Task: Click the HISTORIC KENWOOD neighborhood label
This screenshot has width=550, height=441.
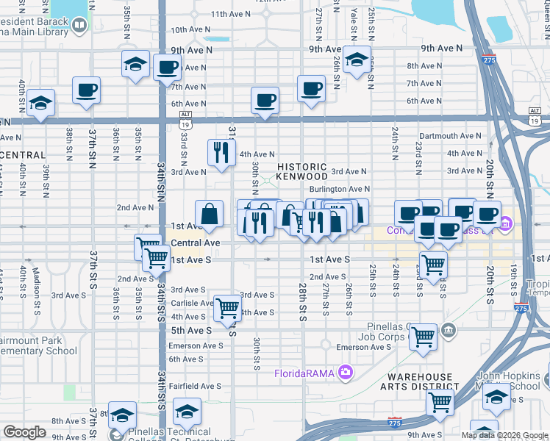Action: (302, 172)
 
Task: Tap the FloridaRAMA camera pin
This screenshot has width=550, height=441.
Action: (343, 373)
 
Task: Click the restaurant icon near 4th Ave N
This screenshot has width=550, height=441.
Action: (221, 152)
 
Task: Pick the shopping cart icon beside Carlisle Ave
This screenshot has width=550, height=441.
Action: (227, 307)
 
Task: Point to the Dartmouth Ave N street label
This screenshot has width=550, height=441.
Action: (451, 136)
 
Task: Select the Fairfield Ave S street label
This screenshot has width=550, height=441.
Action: (194, 386)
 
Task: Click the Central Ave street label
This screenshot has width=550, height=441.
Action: (196, 243)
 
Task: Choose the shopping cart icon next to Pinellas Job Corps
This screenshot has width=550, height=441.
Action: (423, 337)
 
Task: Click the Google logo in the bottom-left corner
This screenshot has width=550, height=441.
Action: (24, 432)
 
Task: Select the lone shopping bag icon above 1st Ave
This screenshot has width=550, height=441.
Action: (210, 214)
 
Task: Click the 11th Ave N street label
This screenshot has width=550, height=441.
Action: (231, 14)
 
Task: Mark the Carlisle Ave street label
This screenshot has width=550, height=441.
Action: (192, 303)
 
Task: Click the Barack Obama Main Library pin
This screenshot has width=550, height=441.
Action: (79, 25)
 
